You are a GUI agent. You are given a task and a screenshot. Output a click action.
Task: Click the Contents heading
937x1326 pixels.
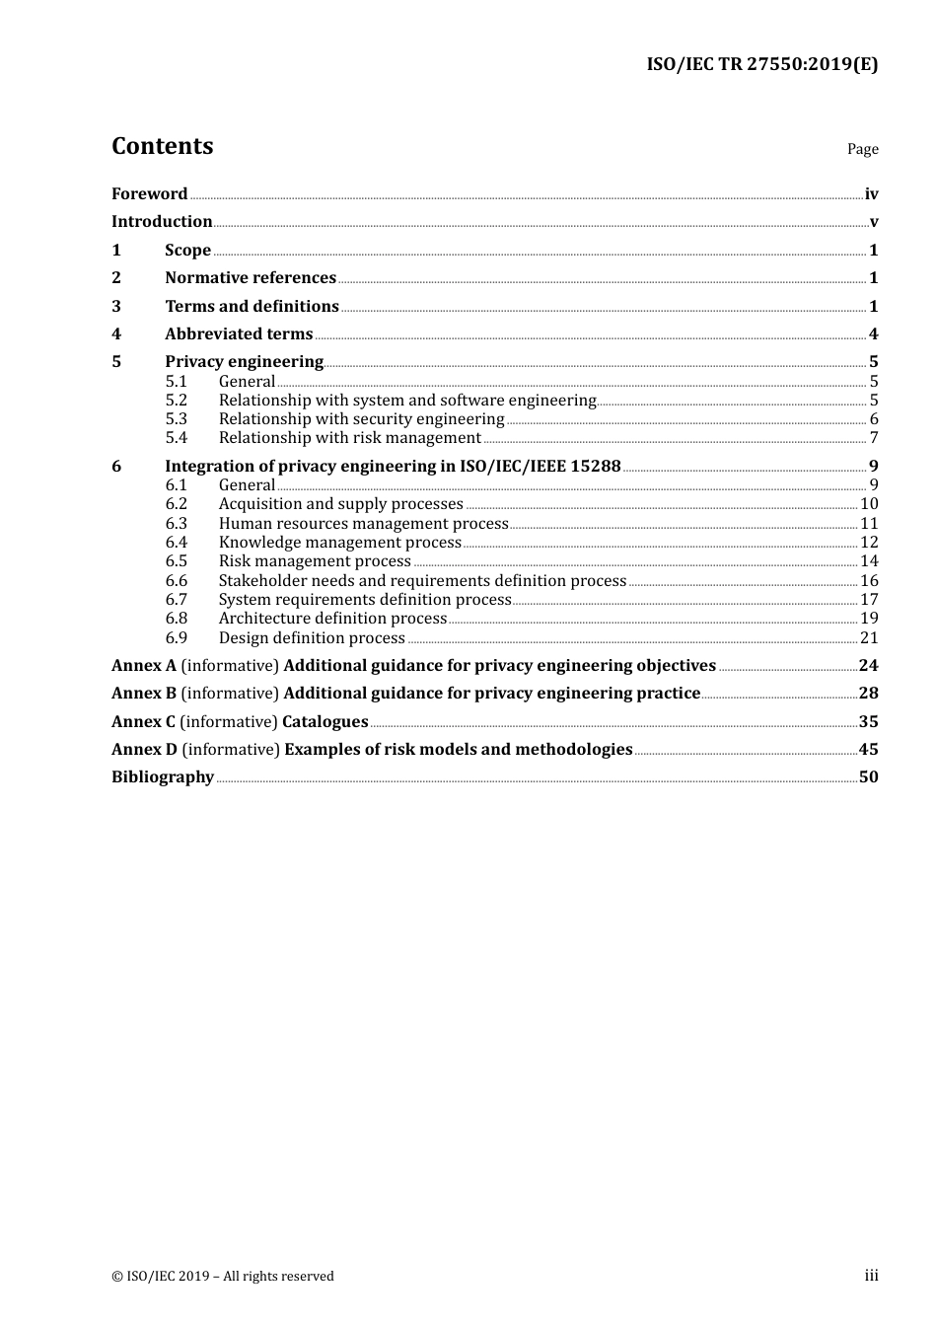tap(162, 146)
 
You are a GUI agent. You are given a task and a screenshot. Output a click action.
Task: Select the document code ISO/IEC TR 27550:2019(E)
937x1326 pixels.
tap(761, 65)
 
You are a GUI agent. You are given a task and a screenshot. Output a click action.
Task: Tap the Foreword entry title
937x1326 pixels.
tap(149, 193)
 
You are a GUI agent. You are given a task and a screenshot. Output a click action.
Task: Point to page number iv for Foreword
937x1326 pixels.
tap(871, 193)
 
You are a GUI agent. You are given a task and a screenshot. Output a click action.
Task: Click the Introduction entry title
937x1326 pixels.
tap(162, 221)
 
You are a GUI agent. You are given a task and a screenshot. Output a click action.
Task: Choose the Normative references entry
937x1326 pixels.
tap(251, 277)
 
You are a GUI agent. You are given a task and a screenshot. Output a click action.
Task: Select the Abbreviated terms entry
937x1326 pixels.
tap(239, 333)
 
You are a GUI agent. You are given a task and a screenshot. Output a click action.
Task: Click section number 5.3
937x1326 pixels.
tap(176, 418)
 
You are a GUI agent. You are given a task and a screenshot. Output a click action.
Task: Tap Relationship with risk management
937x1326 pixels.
tap(349, 437)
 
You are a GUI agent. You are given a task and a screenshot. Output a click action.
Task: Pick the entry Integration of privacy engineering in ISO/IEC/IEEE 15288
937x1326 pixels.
tap(393, 466)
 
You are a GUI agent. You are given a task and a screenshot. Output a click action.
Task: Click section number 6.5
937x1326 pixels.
tap(176, 560)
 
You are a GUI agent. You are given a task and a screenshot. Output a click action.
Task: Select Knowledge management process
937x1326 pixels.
tap(339, 542)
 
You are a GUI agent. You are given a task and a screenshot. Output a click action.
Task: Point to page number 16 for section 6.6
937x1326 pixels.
tap(869, 580)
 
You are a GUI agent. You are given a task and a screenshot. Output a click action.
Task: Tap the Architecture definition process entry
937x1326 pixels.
tap(332, 618)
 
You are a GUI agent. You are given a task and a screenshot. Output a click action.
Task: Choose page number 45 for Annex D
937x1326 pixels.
tap(868, 749)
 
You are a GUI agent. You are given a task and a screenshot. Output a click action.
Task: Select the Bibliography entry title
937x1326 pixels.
tap(163, 776)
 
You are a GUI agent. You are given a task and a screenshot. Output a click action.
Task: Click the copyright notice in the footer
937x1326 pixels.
tap(223, 1276)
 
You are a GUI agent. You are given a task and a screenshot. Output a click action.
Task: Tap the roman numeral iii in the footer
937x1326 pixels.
tap(871, 1275)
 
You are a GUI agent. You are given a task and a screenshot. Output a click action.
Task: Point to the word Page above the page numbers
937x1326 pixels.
tap(862, 149)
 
